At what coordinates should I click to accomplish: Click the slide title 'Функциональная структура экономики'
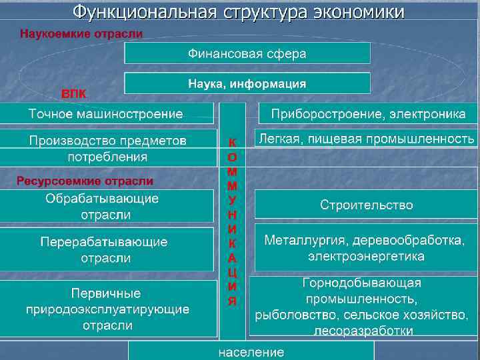[239, 12]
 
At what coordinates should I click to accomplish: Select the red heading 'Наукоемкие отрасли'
[81, 33]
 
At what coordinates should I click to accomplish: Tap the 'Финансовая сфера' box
[247, 53]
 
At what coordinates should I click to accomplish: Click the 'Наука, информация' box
[247, 83]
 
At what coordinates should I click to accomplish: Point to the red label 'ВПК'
[74, 93]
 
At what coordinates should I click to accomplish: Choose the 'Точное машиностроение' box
[107, 114]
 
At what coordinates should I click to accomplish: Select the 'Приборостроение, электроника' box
[368, 114]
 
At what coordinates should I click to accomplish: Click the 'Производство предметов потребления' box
[108, 149]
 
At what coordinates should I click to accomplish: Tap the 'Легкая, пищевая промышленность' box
[367, 139]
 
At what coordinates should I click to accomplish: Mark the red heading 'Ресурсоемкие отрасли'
[85, 181]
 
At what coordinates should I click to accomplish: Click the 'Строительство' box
[367, 205]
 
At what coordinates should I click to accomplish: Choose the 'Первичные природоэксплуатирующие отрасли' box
[108, 309]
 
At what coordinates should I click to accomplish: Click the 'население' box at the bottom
[251, 352]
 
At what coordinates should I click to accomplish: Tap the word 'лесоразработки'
[362, 331]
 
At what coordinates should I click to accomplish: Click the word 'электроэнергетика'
[366, 256]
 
